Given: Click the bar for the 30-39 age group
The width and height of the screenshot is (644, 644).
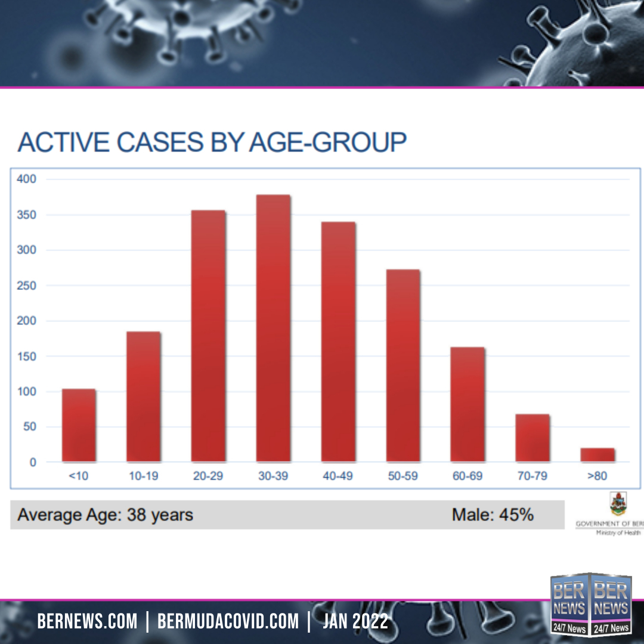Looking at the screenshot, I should tap(273, 329).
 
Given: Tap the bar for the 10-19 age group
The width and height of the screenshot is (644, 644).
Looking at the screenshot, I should tap(143, 397).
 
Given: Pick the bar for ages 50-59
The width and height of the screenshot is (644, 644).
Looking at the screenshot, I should tap(402, 366).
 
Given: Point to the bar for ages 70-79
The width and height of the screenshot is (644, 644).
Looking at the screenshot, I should tap(532, 438).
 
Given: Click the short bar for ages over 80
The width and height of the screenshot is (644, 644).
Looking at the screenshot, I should tap(597, 455).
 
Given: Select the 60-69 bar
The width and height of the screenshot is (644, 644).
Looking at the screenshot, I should tap(467, 404).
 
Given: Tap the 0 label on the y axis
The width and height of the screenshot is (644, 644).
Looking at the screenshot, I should tap(33, 462).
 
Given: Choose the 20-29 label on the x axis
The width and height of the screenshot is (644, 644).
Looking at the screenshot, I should tap(208, 476).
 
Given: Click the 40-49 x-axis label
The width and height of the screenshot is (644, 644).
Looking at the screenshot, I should tap(338, 476).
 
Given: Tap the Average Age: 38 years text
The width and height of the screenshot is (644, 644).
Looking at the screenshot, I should tap(105, 515).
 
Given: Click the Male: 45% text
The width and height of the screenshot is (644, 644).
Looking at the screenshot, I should tap(493, 515).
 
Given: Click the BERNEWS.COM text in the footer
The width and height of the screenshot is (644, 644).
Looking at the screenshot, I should tap(87, 622).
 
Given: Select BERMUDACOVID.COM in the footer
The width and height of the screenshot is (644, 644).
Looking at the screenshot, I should tap(228, 622).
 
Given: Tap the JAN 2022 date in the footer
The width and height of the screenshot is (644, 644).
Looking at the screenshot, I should tap(355, 622).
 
